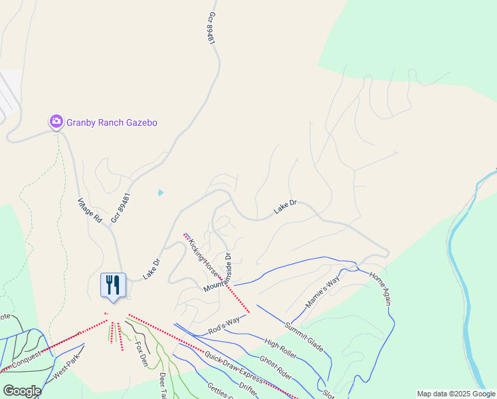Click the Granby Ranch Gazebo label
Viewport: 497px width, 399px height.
coord(106,122)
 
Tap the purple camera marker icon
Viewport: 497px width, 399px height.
coord(56,121)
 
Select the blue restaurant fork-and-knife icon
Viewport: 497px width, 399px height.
coord(113,285)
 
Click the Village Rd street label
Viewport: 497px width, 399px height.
coord(89,209)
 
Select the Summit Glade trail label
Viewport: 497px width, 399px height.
coord(304,336)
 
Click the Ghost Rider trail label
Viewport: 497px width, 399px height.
coord(276,366)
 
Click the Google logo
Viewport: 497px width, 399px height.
coord(22,390)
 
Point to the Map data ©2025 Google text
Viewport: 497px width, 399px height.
coord(456,394)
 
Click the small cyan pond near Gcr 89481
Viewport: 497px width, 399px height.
coord(161,193)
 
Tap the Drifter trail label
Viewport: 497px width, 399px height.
coord(247,386)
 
